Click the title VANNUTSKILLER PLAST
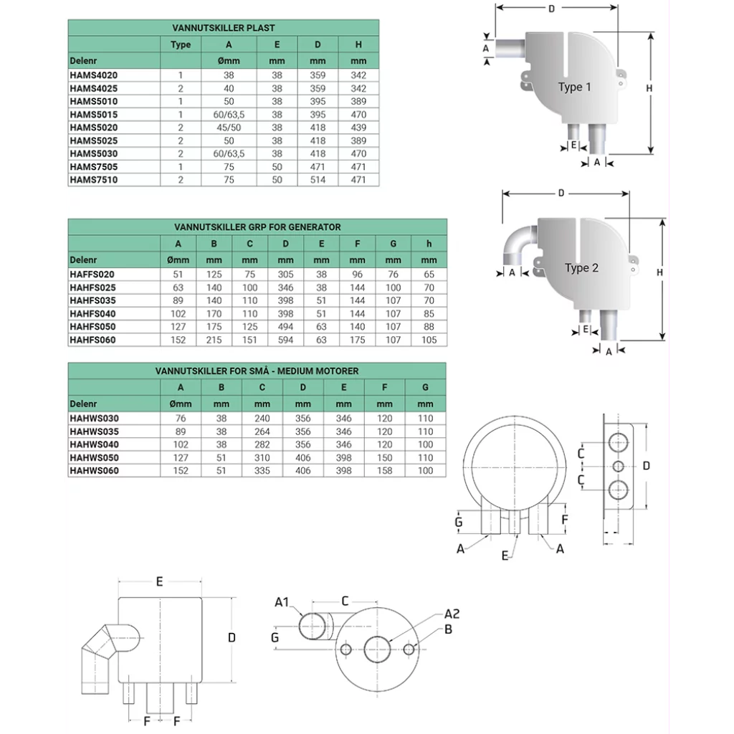pos(224,28)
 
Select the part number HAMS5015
pos(94,115)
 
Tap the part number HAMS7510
pos(94,180)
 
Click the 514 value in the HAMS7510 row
pos(318,180)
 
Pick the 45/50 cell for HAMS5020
pos(229,128)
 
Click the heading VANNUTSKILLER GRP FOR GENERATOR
pos(257,227)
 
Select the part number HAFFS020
pos(92,275)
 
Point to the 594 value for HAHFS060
pos(285,340)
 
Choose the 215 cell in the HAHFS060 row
pos(214,340)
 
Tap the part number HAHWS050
pos(95,457)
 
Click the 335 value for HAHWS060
pos(262,471)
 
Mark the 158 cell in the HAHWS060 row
pos(385,471)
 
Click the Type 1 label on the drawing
pos(574,87)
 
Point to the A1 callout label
pos(282,602)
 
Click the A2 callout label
pos(452,614)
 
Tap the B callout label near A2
pos(448,629)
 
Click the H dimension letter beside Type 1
pos(649,87)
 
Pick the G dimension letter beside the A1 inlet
pos(275,636)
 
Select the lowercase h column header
pos(429,244)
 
